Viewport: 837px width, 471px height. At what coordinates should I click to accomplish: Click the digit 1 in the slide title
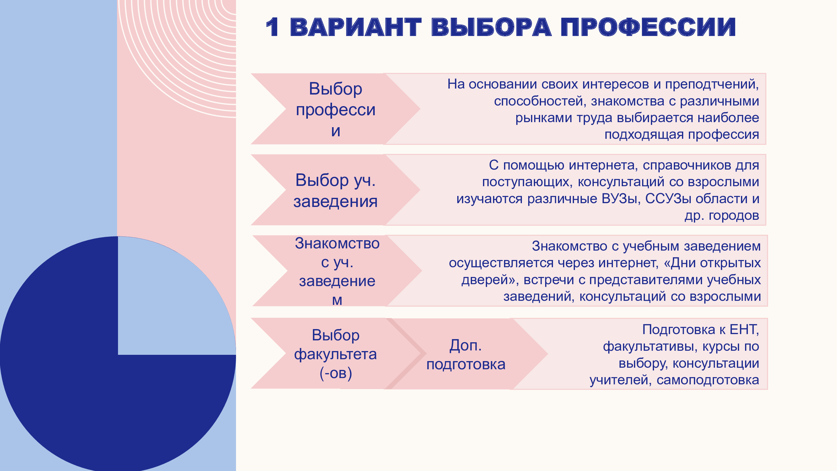[x=272, y=27]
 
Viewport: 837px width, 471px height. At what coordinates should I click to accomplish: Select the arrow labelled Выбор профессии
[x=335, y=109]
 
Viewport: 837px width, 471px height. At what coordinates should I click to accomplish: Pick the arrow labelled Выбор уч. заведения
[x=335, y=190]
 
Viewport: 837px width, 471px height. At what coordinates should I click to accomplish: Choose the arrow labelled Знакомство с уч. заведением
[x=337, y=271]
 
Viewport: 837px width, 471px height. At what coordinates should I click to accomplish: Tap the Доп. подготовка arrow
[x=466, y=354]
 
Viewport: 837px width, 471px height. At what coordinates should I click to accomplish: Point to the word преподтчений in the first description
[x=711, y=84]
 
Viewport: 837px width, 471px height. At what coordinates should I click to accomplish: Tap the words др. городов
[x=722, y=215]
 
